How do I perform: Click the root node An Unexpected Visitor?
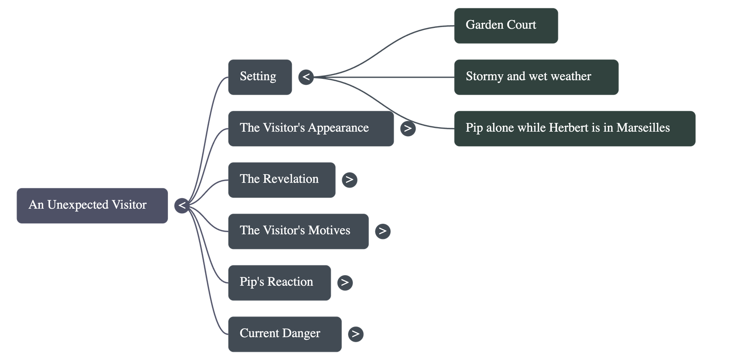[x=92, y=205]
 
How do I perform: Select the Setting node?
[x=260, y=77]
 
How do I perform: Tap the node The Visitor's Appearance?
[x=311, y=128]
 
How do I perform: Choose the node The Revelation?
[x=281, y=179]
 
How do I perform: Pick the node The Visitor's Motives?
[x=298, y=231]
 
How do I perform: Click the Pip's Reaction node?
[x=279, y=282]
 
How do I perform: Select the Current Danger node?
[x=284, y=333]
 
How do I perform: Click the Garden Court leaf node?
[x=506, y=25]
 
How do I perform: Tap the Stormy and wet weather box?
[x=536, y=77]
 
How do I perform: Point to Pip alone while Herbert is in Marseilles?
[x=574, y=128]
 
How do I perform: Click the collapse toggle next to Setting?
[x=306, y=77]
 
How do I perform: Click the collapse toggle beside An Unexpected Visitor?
[x=182, y=205]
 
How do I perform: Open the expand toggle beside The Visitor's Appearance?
[x=408, y=128]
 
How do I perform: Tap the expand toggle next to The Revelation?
[x=350, y=179]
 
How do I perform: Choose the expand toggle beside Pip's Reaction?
[x=345, y=282]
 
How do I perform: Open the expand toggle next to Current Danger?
[x=356, y=334]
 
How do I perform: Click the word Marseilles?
[x=643, y=128]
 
